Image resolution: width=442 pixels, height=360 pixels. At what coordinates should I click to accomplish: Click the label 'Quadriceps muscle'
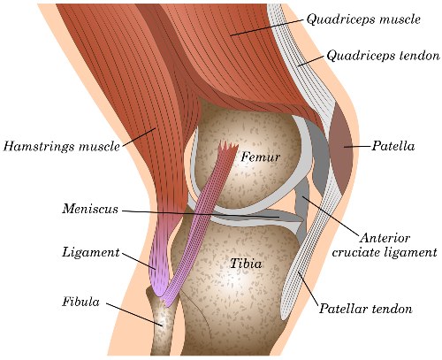coord(363,19)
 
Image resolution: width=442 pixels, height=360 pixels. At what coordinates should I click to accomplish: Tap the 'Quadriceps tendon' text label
coord(383,56)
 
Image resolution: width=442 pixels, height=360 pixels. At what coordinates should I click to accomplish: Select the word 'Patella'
coord(392,146)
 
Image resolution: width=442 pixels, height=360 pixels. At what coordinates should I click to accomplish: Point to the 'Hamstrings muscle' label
coord(62,147)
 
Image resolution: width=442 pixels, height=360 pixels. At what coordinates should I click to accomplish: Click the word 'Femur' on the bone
coord(260,157)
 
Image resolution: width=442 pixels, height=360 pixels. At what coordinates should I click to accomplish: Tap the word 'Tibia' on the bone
coord(246,264)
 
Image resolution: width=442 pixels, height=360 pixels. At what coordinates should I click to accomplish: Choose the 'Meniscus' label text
coord(90,209)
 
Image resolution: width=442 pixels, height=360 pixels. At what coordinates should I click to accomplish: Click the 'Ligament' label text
coord(91,253)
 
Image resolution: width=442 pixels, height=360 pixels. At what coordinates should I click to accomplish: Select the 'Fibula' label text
coord(80,302)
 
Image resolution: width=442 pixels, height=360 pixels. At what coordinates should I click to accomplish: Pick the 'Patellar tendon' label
coord(366,309)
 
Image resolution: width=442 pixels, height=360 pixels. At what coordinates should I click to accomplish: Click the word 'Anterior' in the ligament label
coord(385,238)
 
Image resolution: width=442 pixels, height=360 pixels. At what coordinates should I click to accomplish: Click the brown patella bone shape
coord(341,150)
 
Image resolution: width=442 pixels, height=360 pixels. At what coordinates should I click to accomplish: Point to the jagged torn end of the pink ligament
coord(228,147)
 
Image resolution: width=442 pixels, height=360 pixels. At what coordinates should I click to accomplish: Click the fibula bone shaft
coord(163,325)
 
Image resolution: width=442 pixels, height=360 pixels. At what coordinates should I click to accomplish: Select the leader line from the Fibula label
coord(134,315)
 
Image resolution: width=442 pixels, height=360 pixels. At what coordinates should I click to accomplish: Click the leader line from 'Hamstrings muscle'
coord(139,137)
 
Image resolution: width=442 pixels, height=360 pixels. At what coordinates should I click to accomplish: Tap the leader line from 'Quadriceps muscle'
coord(267,27)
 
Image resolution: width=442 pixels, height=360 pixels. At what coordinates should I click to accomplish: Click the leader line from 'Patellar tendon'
coord(308,289)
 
